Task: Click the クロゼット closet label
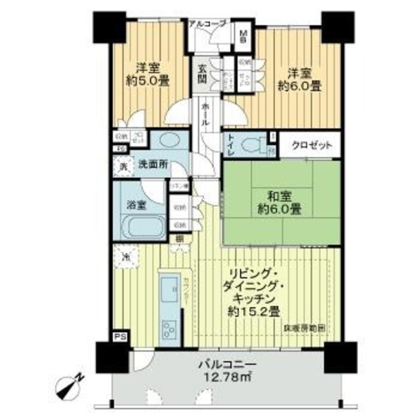pyautogui.click(x=308, y=145)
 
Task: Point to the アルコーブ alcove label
pyautogui.click(x=207, y=24)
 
